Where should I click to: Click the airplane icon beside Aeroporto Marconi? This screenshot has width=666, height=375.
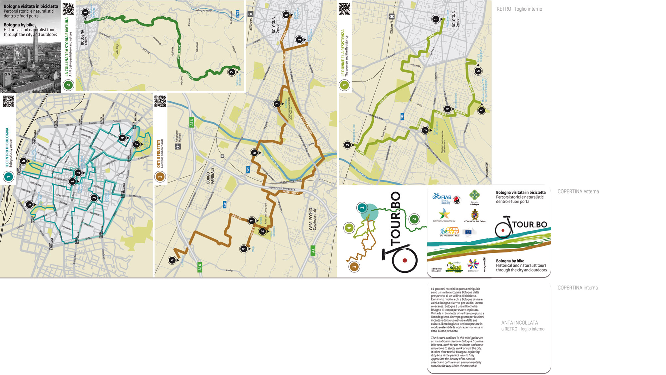tap(178, 146)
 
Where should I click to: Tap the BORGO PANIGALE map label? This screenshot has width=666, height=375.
tap(210, 176)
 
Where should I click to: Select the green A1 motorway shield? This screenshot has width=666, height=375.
tap(313, 250)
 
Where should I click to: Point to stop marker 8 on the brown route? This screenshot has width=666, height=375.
tap(286, 15)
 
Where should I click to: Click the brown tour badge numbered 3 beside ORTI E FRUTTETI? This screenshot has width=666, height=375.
tap(160, 177)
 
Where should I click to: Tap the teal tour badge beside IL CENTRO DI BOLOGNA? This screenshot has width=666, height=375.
tap(8, 177)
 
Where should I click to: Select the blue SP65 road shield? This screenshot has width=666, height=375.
tap(237, 14)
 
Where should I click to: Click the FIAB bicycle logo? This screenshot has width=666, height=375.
tap(442, 197)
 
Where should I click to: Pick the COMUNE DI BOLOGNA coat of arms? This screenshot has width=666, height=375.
tap(475, 214)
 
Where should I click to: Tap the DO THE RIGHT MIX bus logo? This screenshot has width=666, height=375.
tap(450, 231)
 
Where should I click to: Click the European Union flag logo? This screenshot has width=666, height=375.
tap(469, 231)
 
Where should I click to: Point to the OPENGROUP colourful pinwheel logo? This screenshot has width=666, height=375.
tap(473, 264)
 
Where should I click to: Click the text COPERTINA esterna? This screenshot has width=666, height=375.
tap(578, 191)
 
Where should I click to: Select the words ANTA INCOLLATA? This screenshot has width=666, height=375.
tap(519, 323)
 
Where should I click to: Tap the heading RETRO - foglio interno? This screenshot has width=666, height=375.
tap(519, 9)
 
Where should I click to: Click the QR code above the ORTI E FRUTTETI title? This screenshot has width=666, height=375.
tap(160, 101)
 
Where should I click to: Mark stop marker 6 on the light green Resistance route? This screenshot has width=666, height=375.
tap(478, 71)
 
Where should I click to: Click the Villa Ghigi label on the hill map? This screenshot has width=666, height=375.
tap(117, 50)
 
